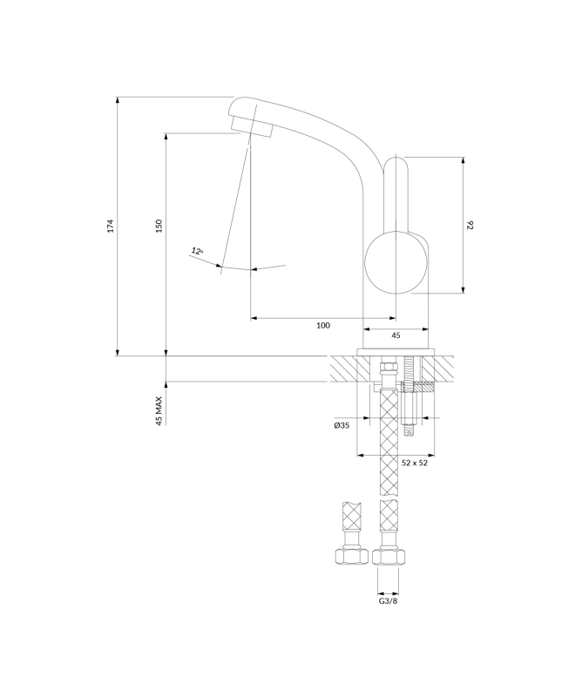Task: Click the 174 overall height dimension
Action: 112,226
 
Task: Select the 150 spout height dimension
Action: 160,226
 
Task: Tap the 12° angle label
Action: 197,251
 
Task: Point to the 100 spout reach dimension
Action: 323,325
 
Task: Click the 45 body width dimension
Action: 396,335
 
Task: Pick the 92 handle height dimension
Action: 470,225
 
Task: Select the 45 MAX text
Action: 159,411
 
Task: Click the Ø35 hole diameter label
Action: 342,425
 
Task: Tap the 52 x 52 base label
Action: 415,463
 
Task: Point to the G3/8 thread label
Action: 389,601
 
